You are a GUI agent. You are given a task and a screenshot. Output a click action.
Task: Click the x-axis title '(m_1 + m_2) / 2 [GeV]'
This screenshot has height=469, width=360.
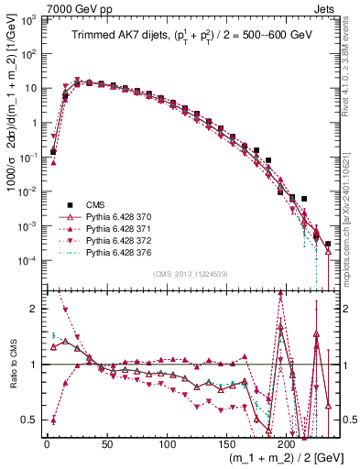(x=274, y=457)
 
